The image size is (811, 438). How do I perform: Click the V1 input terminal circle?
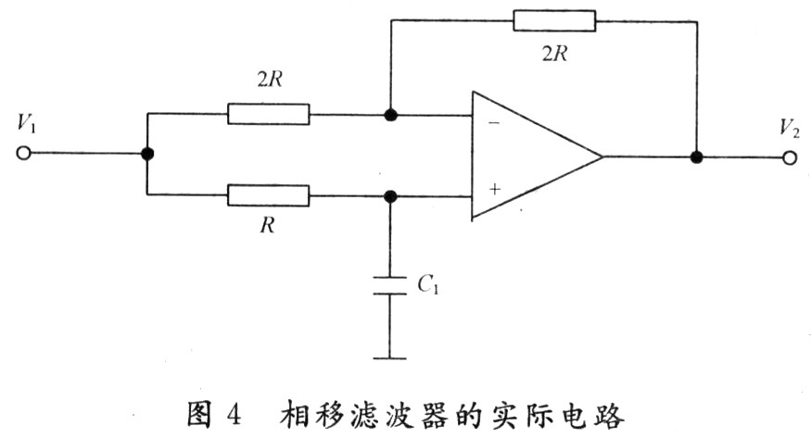click(23, 155)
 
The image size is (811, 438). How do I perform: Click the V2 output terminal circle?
click(789, 157)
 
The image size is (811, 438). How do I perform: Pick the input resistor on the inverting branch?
click(268, 115)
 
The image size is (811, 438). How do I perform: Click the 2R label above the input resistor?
click(268, 81)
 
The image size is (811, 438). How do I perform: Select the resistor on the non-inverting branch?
click(268, 195)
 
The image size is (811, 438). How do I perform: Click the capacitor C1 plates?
click(390, 284)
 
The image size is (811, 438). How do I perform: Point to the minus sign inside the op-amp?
click(494, 122)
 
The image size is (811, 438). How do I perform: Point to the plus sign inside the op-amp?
click(494, 189)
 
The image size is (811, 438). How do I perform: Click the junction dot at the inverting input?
click(390, 115)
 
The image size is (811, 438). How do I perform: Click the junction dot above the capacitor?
click(390, 195)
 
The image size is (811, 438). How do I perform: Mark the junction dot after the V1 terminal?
click(146, 155)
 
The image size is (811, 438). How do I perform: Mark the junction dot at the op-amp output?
click(696, 156)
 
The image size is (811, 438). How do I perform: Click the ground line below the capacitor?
click(390, 356)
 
